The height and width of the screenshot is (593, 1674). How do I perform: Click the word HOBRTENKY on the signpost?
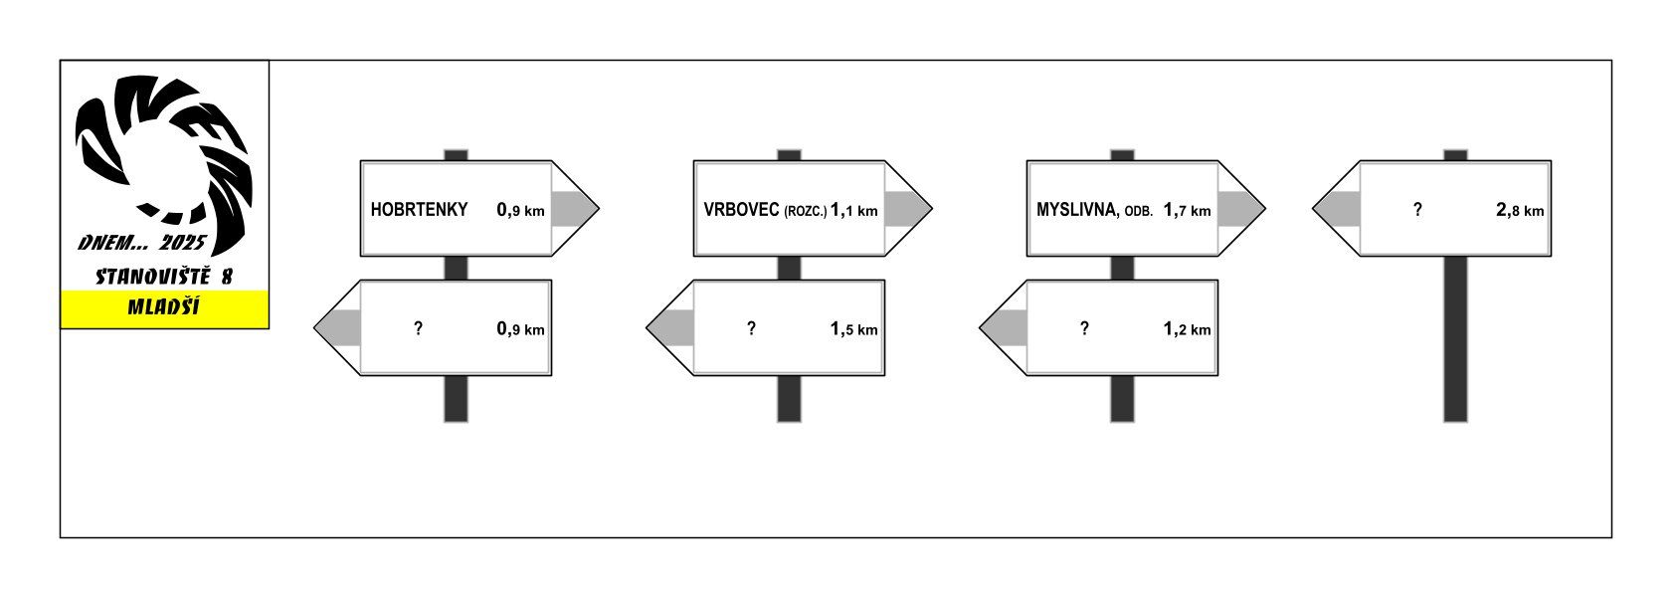coord(419,210)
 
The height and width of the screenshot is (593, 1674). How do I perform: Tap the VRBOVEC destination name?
coord(741,210)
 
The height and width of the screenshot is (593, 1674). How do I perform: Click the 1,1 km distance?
coord(854,210)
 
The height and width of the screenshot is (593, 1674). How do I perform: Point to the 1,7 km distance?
coord(1187,210)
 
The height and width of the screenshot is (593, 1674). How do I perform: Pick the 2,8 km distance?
coord(1520,210)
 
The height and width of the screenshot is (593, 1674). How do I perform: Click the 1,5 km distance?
coord(854,329)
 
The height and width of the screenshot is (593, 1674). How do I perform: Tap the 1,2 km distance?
coord(1187,329)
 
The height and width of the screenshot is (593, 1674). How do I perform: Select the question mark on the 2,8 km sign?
coord(1417,210)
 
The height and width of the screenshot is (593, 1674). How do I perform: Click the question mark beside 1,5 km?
coord(751,328)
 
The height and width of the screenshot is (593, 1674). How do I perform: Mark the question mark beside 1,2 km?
coord(1084,328)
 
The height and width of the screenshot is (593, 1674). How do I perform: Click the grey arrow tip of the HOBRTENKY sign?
coord(574,209)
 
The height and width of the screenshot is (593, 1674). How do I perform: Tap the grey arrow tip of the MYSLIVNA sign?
coord(1240,209)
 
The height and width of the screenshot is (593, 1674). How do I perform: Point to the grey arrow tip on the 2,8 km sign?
coord(1337,209)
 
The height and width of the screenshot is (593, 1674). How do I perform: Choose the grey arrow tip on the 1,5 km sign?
coord(670,328)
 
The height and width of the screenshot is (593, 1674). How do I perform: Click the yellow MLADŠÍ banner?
coord(164,308)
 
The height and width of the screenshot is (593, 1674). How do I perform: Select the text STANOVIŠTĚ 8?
coord(164,277)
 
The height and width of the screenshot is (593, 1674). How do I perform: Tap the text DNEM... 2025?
coord(141,243)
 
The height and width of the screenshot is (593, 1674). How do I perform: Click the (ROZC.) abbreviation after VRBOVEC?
coord(805,211)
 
